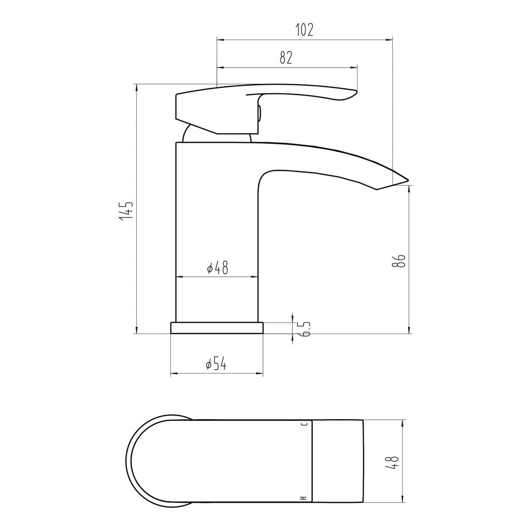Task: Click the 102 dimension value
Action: pyautogui.click(x=304, y=30)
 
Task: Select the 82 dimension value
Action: pyautogui.click(x=286, y=58)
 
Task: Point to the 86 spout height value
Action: pyautogui.click(x=399, y=261)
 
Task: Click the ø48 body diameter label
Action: pyautogui.click(x=218, y=268)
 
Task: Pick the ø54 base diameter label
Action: pyautogui.click(x=216, y=364)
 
